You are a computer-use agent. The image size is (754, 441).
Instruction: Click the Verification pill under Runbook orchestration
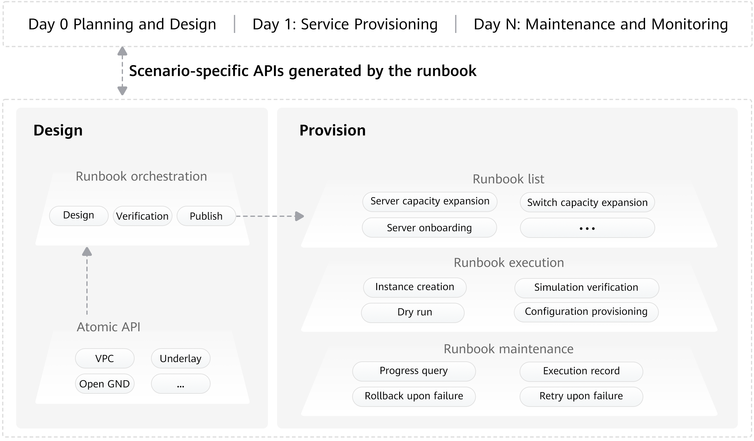click(x=143, y=216)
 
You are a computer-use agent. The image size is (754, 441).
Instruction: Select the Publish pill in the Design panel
click(x=206, y=216)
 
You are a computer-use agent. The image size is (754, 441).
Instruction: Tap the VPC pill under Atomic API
click(x=105, y=358)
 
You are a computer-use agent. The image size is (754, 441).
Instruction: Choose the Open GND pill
click(x=105, y=384)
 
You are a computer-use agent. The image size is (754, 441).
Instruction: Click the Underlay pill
click(x=181, y=358)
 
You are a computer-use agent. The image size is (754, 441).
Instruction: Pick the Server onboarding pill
click(x=429, y=228)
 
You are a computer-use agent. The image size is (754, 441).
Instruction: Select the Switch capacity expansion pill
click(x=587, y=202)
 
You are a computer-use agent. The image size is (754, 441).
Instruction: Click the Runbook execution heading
click(x=509, y=263)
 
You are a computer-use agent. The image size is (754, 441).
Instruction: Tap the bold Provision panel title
click(x=333, y=130)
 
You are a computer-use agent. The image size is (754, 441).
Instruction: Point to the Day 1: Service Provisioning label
click(x=345, y=24)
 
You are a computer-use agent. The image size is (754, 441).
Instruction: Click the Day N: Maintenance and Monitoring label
click(x=601, y=24)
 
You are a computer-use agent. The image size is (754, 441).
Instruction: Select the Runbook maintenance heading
click(x=509, y=349)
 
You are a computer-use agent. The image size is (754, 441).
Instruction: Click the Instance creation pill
click(x=415, y=287)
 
